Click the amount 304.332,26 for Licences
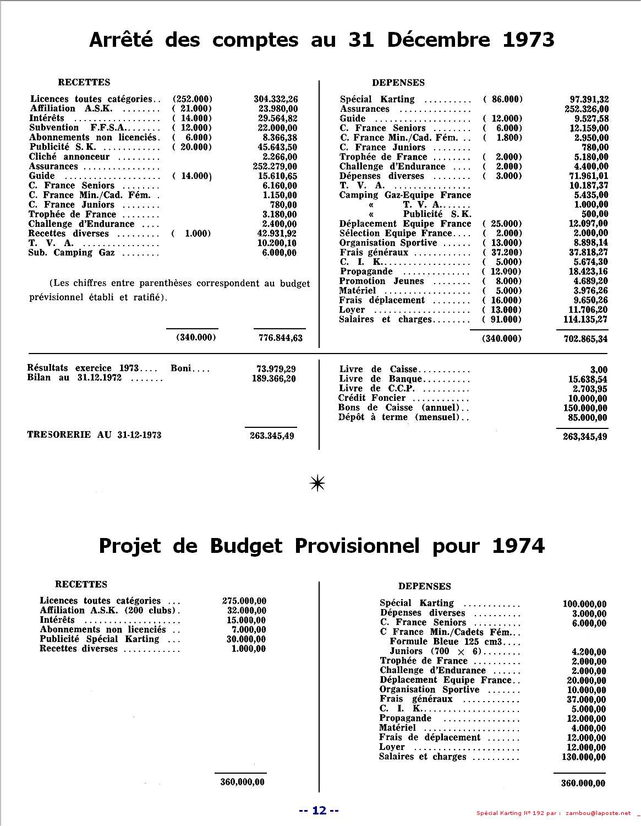point(275,99)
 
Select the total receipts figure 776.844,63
point(281,338)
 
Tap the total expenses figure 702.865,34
point(585,339)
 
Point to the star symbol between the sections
point(318,483)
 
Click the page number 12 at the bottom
point(319,810)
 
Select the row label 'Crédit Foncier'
point(372,398)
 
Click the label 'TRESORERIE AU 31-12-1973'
point(94,435)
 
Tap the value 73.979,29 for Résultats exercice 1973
point(276,368)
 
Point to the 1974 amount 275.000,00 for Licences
point(244,601)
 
